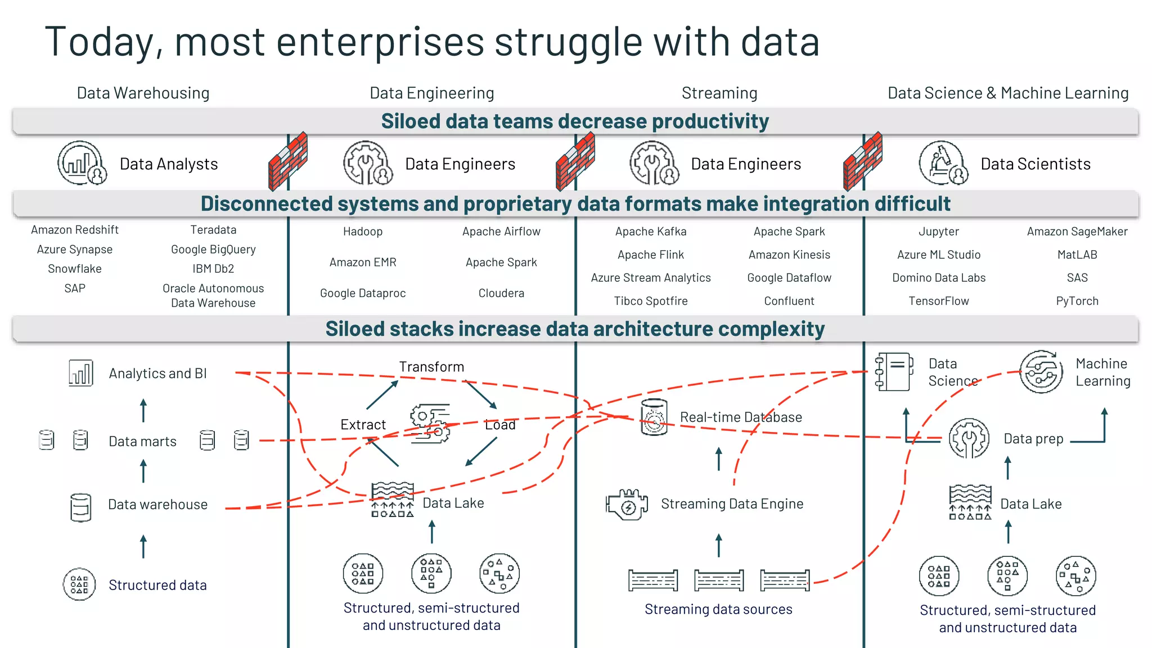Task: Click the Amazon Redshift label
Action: [x=75, y=229]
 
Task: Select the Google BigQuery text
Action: [x=213, y=249]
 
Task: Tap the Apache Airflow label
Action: [x=501, y=231]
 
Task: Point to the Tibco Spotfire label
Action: [x=651, y=301]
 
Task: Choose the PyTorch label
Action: [x=1077, y=301]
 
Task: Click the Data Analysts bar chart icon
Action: [x=82, y=163]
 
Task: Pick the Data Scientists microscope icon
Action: [x=943, y=163]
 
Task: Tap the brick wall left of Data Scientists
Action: [x=862, y=162]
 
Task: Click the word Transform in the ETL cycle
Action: [x=431, y=367]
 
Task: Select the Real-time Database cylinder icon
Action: [x=654, y=417]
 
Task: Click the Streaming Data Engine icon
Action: [x=627, y=504]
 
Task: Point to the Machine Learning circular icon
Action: [x=1041, y=372]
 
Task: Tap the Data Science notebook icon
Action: [x=893, y=372]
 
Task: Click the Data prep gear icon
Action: [x=969, y=438]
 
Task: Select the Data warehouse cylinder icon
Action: [x=80, y=507]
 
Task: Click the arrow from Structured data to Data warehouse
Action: [x=143, y=546]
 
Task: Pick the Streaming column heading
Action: [x=719, y=93]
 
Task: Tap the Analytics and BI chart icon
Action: [x=80, y=373]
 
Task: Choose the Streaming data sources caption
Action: [x=718, y=609]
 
